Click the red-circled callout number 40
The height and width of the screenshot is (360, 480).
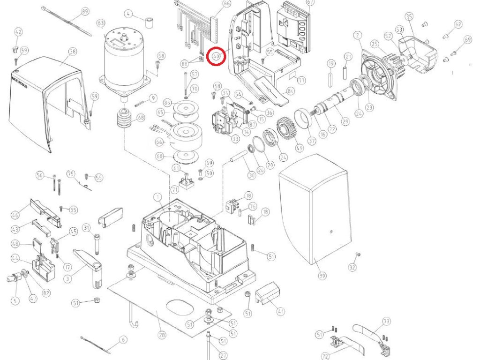tap(216, 56)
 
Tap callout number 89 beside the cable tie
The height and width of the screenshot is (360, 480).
tap(85, 12)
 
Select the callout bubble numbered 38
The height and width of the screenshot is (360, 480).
tap(72, 51)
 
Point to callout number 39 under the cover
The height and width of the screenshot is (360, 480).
tap(322, 276)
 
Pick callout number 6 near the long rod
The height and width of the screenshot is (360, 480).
tap(123, 339)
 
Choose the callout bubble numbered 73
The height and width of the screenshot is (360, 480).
tap(386, 322)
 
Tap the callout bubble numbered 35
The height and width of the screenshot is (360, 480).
tap(409, 17)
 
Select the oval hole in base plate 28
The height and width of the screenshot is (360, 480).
tap(179, 307)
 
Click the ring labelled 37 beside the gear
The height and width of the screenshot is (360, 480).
tap(303, 117)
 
